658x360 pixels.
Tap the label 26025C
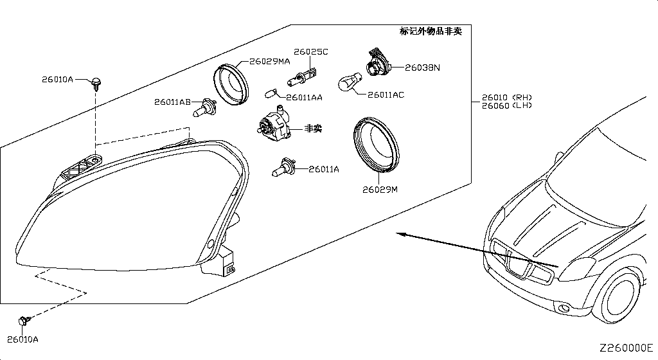pyautogui.click(x=311, y=51)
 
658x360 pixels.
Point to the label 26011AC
pyautogui.click(x=386, y=95)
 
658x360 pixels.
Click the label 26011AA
pyautogui.click(x=304, y=98)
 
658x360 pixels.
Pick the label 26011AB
pyautogui.click(x=172, y=102)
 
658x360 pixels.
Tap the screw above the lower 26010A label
pyautogui.click(x=23, y=319)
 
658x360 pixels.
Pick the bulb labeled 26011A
pyautogui.click(x=283, y=168)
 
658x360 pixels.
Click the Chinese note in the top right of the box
pyautogui.click(x=431, y=32)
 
